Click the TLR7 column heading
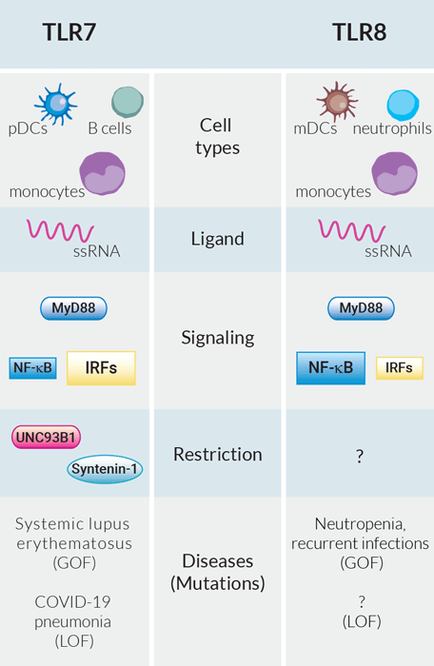pos(69,32)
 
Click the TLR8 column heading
pos(360,32)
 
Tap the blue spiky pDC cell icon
pos(56,104)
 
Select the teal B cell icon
pos(128,102)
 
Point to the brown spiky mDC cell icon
pos(338,102)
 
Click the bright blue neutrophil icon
pos(403,105)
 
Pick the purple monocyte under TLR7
pos(103,173)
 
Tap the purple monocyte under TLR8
pos(394,173)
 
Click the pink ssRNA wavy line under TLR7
pos(60,230)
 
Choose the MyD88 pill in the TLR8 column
pos(361,308)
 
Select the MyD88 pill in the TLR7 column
pos(73,308)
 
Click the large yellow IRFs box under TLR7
pos(101,368)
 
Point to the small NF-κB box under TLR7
pos(32,368)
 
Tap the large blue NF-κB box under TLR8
pos(330,368)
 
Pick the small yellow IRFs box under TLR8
pos(400,368)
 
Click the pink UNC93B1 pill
pos(46,437)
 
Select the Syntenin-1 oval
pos(105,469)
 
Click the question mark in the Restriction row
pos(360,456)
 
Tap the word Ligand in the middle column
pos(218,240)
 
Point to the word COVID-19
pos(72,602)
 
